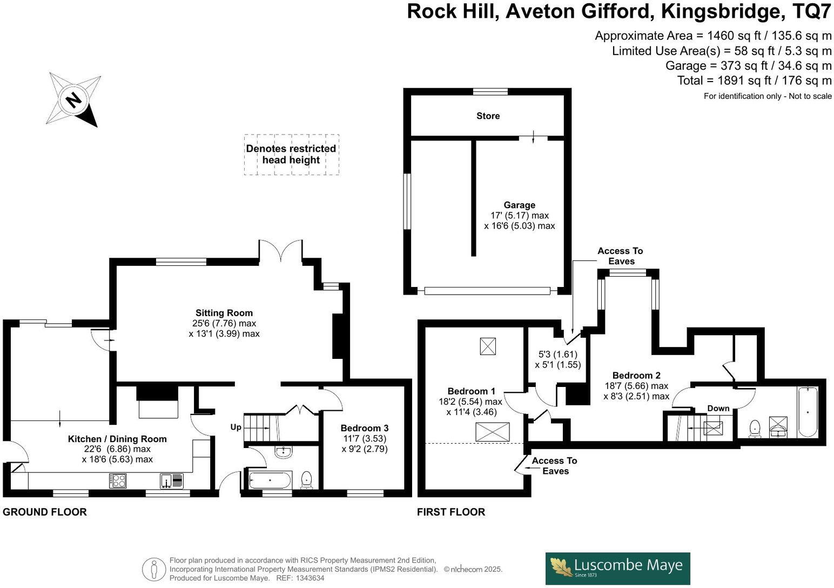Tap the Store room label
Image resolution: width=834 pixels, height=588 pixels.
(x=488, y=116)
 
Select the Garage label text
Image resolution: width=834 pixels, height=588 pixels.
(x=519, y=205)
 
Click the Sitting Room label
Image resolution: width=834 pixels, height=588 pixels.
(x=224, y=313)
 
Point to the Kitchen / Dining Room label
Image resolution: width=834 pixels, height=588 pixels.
(x=117, y=439)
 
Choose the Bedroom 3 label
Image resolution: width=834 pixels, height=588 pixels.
(x=364, y=428)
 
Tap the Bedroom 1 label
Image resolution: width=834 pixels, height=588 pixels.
(x=471, y=391)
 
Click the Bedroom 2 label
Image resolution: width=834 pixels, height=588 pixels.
(x=636, y=376)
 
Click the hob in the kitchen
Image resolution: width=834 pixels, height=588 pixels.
(x=118, y=480)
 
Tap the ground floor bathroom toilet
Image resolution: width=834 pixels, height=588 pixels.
(x=306, y=479)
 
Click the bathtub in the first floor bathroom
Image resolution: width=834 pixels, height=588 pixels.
(x=808, y=412)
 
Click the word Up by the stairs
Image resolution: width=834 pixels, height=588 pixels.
(x=236, y=427)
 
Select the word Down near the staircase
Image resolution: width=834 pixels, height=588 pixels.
(x=718, y=408)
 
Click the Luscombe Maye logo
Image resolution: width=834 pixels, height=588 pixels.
(x=617, y=568)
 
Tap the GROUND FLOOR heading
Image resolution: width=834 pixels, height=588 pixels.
(x=45, y=512)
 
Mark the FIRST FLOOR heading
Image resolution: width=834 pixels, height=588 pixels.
(x=451, y=512)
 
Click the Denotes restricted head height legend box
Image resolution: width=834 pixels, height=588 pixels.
(x=291, y=155)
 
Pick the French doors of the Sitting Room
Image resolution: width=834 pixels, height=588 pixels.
(x=280, y=251)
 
